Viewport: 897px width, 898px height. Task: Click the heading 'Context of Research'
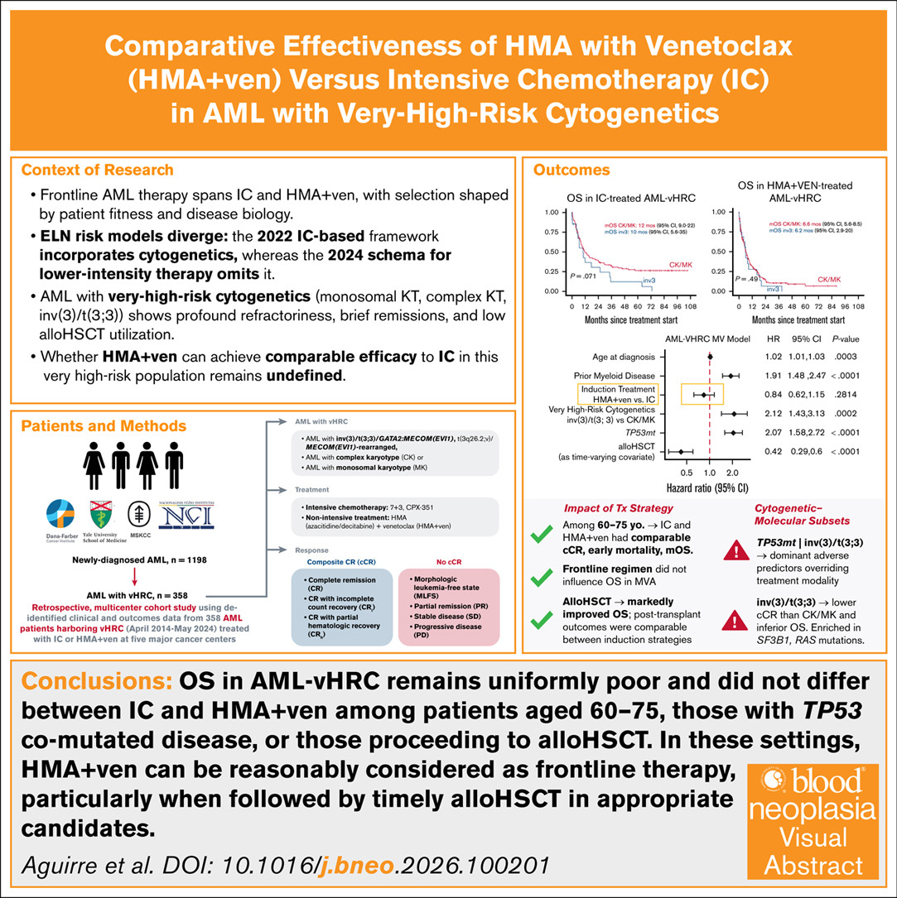97,170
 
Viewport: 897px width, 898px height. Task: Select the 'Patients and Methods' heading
104,426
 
